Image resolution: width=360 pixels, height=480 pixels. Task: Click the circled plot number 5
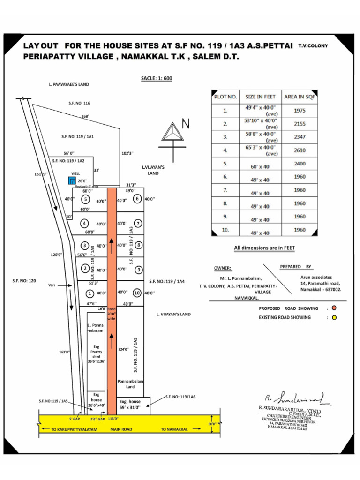tap(86, 199)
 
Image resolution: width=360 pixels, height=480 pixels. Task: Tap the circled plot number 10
tap(137, 293)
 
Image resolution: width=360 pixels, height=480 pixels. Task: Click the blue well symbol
tap(71, 180)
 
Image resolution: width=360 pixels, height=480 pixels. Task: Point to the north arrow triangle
tap(172, 131)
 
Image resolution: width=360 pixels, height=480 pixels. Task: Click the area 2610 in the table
tap(300, 150)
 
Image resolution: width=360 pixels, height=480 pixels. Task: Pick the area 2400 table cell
tap(300, 164)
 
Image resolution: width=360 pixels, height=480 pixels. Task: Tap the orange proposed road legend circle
tap(334, 308)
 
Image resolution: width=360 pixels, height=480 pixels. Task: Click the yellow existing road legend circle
tap(334, 317)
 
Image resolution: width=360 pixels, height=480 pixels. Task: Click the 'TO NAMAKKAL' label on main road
tap(174, 429)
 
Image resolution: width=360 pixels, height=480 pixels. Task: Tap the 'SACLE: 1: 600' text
tap(157, 78)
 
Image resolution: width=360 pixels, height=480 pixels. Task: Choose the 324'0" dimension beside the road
tap(123, 349)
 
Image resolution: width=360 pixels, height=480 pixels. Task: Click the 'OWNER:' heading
tap(223, 268)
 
